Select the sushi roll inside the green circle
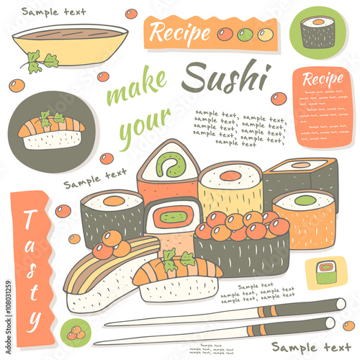(x=318, y=32)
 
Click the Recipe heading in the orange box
(x=321, y=79)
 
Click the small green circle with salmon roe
(x=75, y=332)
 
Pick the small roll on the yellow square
(x=326, y=271)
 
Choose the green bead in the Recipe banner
(x=244, y=33)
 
